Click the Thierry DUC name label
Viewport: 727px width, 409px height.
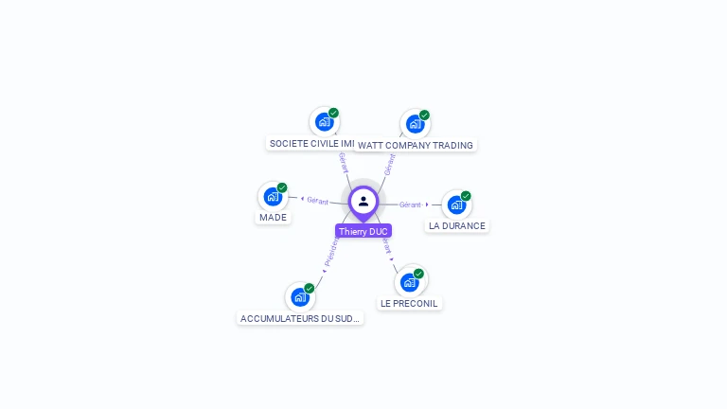(363, 231)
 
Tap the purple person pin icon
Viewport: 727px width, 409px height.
(363, 202)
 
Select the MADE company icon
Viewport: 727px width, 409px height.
(273, 197)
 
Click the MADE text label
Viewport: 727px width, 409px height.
(273, 217)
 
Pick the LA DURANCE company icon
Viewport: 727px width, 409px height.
(456, 204)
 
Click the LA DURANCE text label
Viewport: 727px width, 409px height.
(456, 226)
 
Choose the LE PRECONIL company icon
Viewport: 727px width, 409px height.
(409, 281)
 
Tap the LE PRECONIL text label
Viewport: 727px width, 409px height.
(409, 303)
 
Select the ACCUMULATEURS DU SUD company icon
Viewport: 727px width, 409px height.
(300, 297)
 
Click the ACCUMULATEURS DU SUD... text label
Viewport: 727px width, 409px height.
(300, 319)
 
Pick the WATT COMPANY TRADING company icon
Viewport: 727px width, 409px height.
(415, 124)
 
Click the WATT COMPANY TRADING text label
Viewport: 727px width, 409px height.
(416, 145)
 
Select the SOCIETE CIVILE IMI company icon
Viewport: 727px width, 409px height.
(324, 122)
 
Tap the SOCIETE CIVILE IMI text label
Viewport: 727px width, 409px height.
(311, 144)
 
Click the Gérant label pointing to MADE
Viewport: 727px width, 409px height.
(317, 201)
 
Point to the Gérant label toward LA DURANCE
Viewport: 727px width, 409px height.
(410, 204)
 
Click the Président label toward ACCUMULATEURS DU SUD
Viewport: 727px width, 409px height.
(330, 251)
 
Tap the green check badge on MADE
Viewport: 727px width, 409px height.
(282, 187)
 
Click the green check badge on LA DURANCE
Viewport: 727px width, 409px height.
(466, 196)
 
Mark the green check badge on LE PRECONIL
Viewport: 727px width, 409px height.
(418, 274)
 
